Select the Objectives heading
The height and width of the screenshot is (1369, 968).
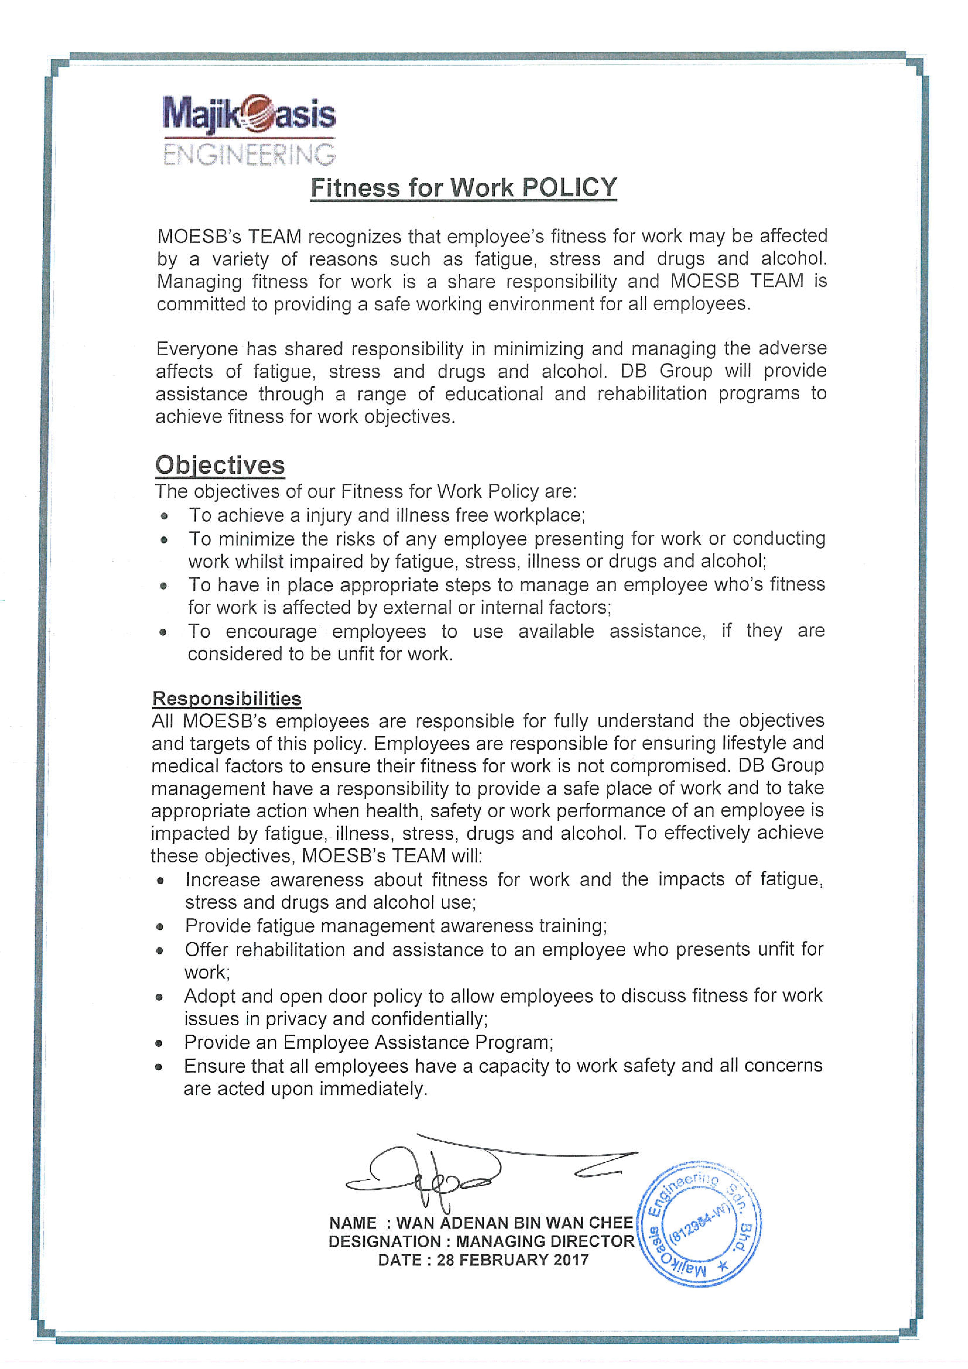tap(220, 465)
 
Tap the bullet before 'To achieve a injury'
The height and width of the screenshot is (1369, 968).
tap(164, 516)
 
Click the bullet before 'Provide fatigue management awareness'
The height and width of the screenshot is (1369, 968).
tap(160, 927)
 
